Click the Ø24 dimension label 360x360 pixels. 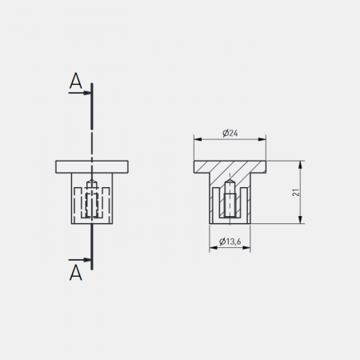click(230, 133)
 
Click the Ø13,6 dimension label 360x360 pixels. click(230, 242)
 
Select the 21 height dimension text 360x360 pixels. click(296, 192)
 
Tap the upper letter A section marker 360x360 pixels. click(75, 81)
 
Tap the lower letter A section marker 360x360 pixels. click(75, 273)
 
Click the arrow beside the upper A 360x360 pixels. click(80, 93)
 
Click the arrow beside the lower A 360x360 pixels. click(80, 260)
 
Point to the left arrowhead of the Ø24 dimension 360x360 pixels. click(198, 139)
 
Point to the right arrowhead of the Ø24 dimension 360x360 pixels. click(262, 139)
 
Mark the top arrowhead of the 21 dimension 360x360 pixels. click(301, 165)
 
